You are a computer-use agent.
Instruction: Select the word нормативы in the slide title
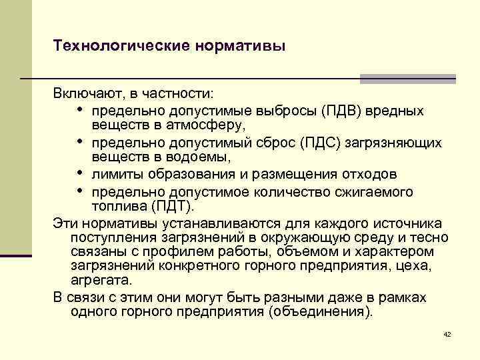click(x=241, y=46)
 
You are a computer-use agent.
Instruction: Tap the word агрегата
click(x=101, y=281)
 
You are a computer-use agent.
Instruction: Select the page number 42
click(x=447, y=333)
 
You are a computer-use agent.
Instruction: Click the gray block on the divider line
click(x=407, y=79)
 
